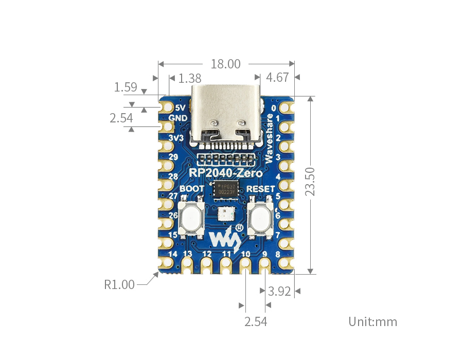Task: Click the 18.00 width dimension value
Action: (x=225, y=64)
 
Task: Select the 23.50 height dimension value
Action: (x=310, y=181)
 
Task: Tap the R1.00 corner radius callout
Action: (x=119, y=284)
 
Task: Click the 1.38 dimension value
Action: (x=189, y=78)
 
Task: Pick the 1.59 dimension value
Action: (x=126, y=87)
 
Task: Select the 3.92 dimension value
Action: (x=280, y=292)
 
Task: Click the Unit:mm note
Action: (x=373, y=322)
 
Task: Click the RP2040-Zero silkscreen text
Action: (x=226, y=173)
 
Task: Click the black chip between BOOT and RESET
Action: (x=226, y=188)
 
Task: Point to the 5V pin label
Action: (x=180, y=108)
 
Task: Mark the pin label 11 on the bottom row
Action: (x=226, y=254)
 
